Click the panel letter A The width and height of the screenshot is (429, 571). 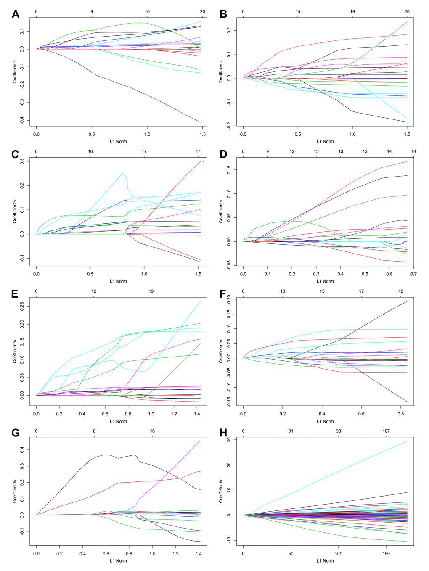[x=16, y=15]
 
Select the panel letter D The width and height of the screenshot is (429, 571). [x=223, y=154]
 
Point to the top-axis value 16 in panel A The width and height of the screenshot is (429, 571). [x=147, y=11]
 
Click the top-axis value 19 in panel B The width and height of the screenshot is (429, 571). [x=352, y=11]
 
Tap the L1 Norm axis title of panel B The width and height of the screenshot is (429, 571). [x=325, y=141]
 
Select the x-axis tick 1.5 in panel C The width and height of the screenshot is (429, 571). [x=199, y=274]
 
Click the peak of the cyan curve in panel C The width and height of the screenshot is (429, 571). [x=123, y=172]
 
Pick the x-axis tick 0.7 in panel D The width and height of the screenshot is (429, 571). [x=413, y=274]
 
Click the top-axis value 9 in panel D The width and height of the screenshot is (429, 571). [x=267, y=151]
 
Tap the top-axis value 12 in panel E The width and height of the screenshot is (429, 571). [x=94, y=291]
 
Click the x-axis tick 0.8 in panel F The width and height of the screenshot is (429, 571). [x=400, y=414]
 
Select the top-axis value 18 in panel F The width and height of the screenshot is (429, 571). [x=401, y=291]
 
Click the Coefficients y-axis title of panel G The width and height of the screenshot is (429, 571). [x=15, y=491]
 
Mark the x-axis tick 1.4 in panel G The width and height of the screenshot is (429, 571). [x=199, y=554]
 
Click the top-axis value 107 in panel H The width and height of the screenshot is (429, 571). [x=386, y=431]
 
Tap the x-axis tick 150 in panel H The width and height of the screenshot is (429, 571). [x=386, y=554]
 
